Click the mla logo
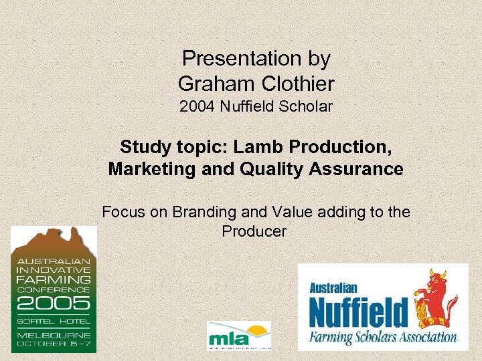click(x=240, y=335)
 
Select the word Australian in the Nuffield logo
click(x=333, y=288)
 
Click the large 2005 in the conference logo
click(x=54, y=304)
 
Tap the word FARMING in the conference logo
click(x=54, y=279)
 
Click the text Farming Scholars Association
click(x=382, y=337)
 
